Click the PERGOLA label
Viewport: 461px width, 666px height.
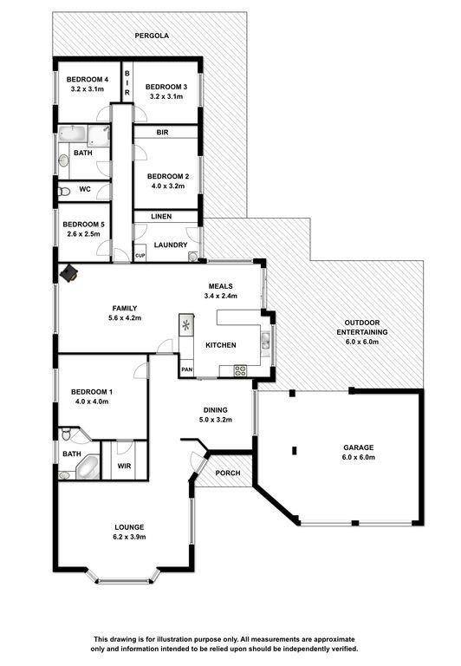coord(152,36)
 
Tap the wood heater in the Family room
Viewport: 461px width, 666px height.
coord(68,272)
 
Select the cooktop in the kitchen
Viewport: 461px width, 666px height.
coord(240,371)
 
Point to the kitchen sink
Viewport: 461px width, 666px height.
coord(265,339)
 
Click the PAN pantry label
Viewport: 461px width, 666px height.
coord(187,369)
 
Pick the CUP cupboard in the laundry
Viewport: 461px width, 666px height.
coord(140,256)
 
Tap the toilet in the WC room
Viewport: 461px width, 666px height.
coord(63,192)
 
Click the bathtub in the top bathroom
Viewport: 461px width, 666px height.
coord(73,134)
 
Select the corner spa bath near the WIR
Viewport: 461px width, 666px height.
coord(88,467)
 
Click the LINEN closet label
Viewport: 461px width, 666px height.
coord(161,216)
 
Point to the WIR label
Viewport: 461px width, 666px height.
coord(124,466)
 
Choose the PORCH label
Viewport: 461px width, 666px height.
coord(228,473)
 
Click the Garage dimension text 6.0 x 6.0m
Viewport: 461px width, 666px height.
coord(359,457)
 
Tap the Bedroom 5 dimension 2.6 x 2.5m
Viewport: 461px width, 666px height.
coord(84,233)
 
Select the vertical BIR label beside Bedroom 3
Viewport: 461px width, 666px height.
coord(127,83)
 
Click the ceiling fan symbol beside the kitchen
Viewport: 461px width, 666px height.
coord(186,325)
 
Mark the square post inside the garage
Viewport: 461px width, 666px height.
coord(295,451)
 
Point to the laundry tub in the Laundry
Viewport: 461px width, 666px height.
coord(193,257)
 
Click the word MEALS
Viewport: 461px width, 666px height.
coord(220,286)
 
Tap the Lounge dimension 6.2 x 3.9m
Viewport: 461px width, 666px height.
coord(129,537)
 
